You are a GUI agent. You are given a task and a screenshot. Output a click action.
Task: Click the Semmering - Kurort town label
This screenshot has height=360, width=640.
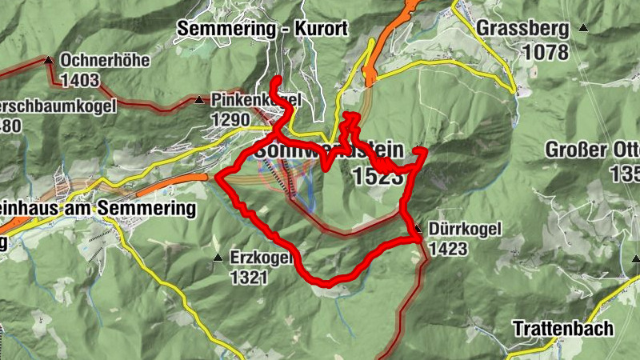(x=262, y=29)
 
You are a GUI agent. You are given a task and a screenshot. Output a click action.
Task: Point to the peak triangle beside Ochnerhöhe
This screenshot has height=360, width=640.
(x=50, y=60)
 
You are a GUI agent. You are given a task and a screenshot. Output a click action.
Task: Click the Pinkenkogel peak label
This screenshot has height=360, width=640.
(x=256, y=100)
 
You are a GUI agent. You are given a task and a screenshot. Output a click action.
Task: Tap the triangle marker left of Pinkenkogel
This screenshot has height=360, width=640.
(x=198, y=101)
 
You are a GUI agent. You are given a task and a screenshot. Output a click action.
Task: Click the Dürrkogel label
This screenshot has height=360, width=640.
(x=465, y=230)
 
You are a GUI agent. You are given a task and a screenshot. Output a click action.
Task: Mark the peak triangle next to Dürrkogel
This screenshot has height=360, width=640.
(x=418, y=230)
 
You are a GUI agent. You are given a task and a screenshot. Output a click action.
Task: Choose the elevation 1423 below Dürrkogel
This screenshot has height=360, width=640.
(x=448, y=249)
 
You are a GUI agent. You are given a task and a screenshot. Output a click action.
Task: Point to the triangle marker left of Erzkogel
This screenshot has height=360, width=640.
(x=217, y=258)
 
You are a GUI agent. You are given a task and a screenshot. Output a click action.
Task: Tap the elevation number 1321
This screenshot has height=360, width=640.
(x=249, y=278)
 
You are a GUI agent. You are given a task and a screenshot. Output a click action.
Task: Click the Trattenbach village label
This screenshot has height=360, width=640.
(x=563, y=328)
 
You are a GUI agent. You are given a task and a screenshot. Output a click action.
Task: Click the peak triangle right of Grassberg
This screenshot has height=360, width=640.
(x=582, y=29)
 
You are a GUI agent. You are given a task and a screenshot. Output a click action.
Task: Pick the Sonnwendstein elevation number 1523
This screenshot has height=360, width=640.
(x=376, y=177)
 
